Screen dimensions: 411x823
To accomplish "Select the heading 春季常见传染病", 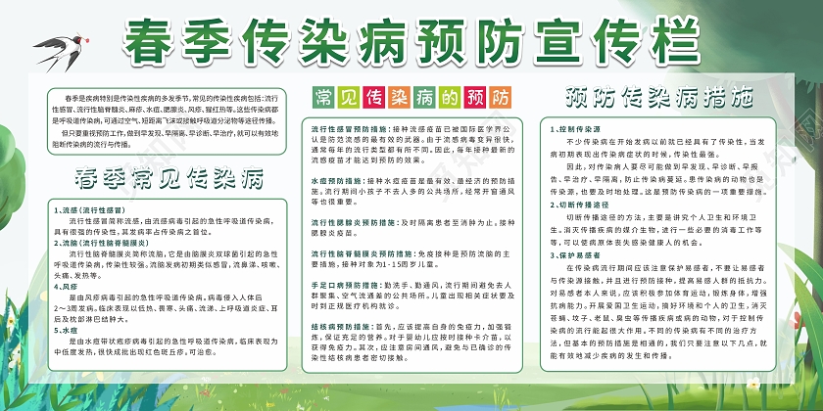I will (x=169, y=177).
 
